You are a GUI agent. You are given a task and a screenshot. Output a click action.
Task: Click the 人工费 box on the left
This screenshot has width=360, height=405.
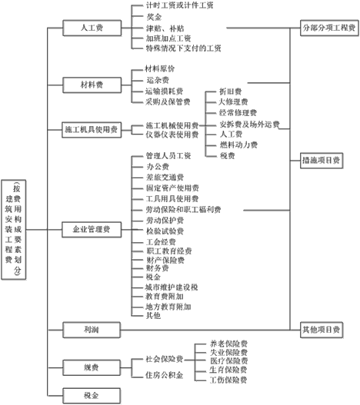tap(92, 28)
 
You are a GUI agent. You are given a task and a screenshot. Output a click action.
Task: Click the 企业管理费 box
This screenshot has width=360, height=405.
tap(92, 228)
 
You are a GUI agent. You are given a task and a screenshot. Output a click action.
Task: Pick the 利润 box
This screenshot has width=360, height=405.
tap(92, 329)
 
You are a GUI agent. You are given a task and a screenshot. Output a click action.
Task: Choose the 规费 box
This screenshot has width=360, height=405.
tap(92, 367)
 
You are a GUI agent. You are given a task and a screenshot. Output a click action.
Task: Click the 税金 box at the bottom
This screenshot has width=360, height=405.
tap(92, 394)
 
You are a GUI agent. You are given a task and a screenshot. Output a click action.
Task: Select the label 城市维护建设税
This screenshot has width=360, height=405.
tap(171, 286)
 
